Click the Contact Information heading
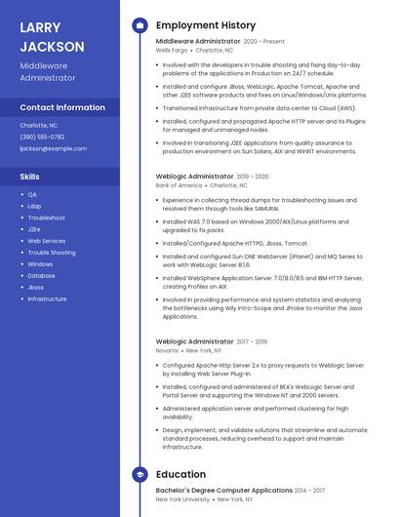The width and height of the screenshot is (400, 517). point(62,107)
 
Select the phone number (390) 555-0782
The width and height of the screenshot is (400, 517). point(42,137)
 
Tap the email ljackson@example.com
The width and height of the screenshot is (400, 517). point(53,148)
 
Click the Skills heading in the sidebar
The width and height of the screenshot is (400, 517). point(29,177)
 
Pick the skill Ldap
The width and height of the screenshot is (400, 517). point(34,206)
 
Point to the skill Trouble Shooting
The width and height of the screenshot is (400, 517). point(51,253)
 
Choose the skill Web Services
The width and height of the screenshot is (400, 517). point(47,241)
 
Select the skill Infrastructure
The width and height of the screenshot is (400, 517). point(47,299)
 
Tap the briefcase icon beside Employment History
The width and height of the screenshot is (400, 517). point(140,25)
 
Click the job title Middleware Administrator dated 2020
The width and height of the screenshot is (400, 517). point(198,42)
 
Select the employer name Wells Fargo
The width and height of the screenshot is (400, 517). point(173,50)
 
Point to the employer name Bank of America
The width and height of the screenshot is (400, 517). point(179,184)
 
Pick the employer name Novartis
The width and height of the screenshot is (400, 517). point(167,350)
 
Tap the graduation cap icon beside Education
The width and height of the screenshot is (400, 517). point(140,475)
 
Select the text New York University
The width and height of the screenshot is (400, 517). point(182,498)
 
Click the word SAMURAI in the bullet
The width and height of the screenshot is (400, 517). point(266,209)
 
